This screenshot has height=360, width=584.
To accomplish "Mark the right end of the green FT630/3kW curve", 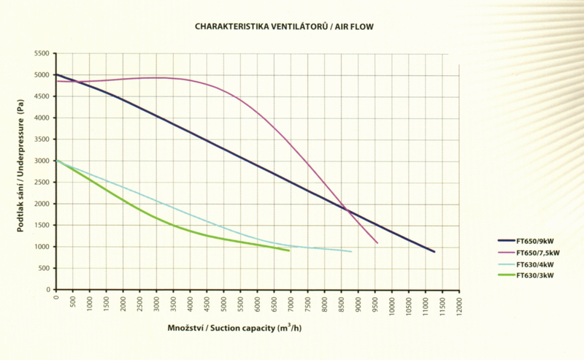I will pos(289,251).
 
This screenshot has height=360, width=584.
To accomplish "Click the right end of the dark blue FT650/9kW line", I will pos(434,252).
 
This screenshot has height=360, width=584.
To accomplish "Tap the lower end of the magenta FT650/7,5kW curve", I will pos(377,243).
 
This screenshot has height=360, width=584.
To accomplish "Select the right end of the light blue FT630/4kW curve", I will pos(351,252).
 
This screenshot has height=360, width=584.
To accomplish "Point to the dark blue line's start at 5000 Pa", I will pos(56,74).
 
